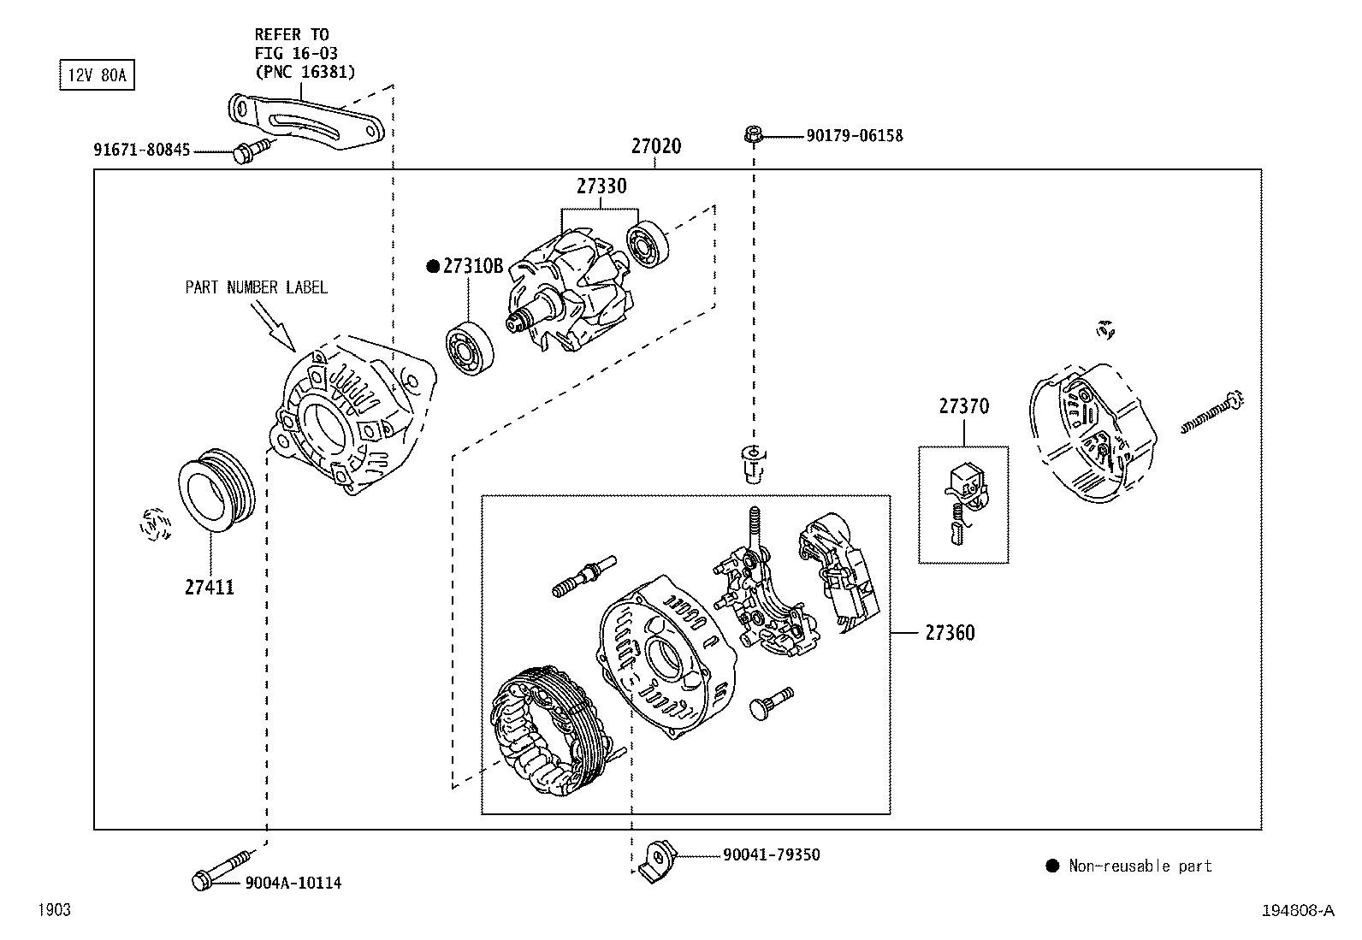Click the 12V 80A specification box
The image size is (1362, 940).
coord(96,75)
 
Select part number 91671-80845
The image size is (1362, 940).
coord(142,151)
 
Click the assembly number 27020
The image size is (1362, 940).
coord(656,146)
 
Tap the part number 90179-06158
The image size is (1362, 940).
coord(854,136)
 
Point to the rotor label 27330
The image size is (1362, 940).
coord(601,186)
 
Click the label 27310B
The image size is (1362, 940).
coord(472,266)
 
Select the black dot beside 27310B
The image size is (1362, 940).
coord(433,266)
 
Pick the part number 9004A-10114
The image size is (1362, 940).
coord(293,883)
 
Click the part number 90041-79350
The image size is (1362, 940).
coord(771,854)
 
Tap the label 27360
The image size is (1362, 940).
coord(950,633)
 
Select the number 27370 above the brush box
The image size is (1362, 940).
coord(963,406)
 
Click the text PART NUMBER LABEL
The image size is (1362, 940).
coord(256,287)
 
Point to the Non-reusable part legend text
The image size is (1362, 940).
coord(1140,866)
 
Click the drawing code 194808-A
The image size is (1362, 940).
coord(1297,911)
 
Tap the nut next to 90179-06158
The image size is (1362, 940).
coord(753,134)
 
